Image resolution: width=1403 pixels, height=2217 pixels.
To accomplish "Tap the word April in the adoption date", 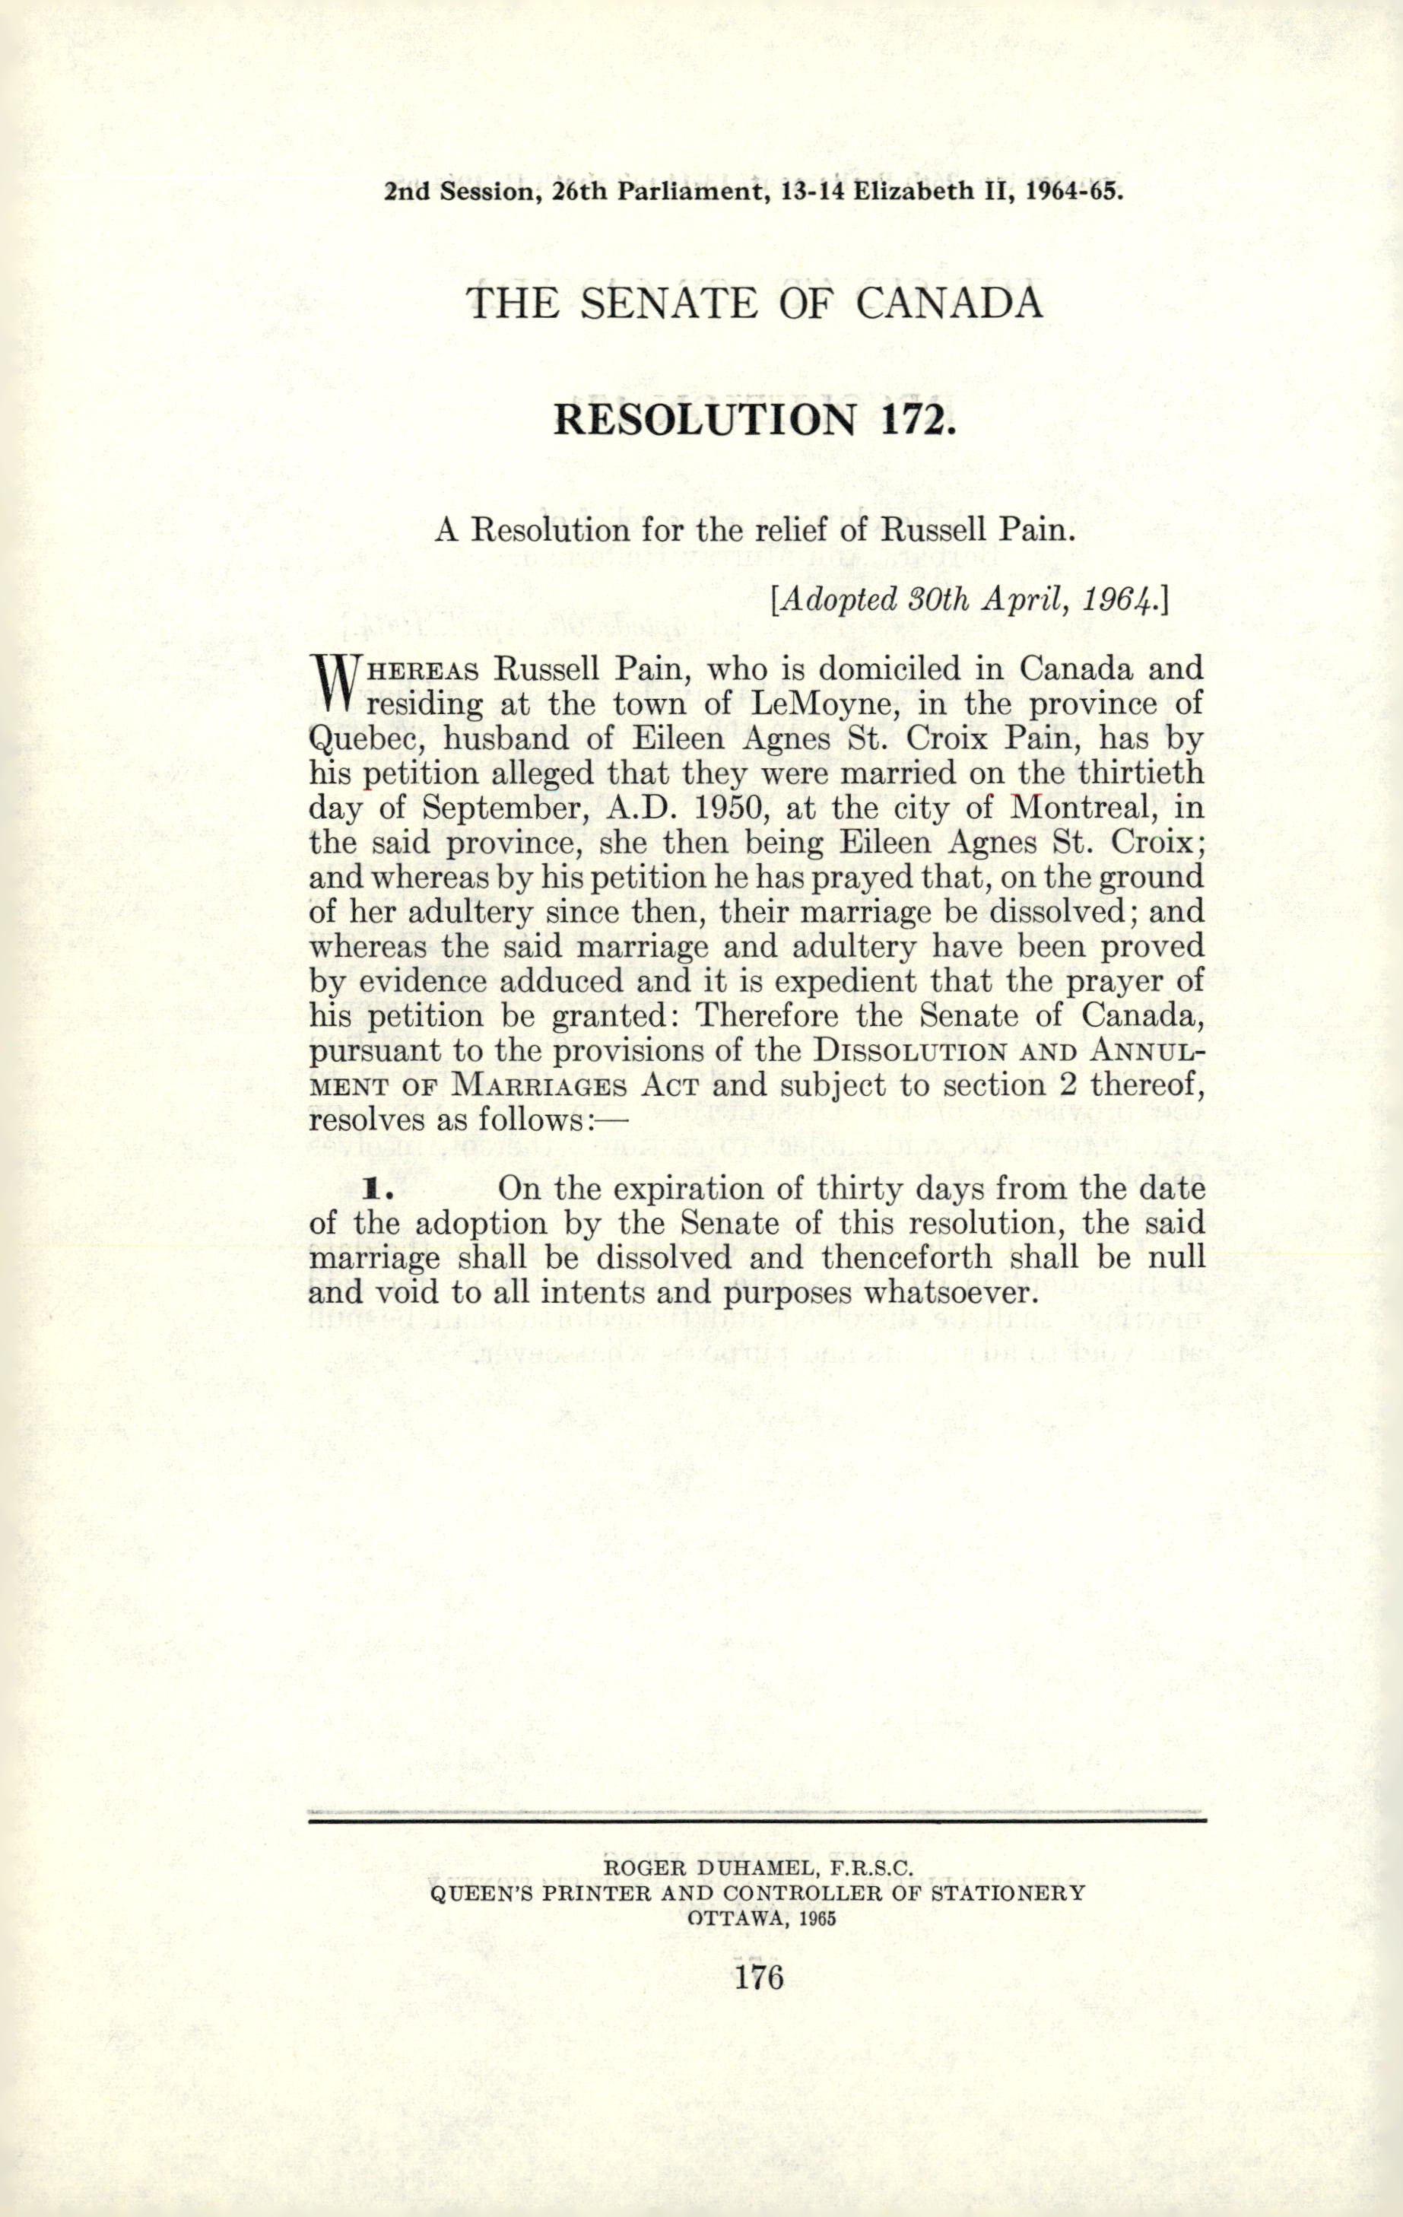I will [1017, 600].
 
